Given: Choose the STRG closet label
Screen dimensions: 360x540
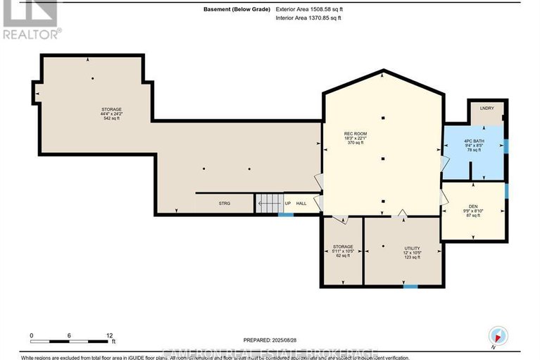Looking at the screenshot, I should pos(225,203).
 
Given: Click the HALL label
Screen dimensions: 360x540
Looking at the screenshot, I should pos(301,203).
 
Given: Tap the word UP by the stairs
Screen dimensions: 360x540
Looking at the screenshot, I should pos(287,203).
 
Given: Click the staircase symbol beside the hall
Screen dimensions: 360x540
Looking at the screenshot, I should pos(268,203).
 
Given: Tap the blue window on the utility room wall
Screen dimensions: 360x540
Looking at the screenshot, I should pos(410,286).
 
